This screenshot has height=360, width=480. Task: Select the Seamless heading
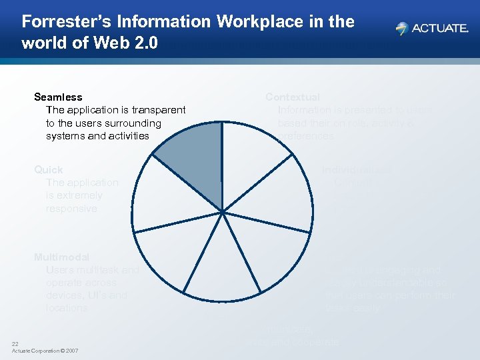tap(58, 97)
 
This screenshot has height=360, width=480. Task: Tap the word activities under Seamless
tap(126, 136)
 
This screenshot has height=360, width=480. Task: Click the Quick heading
tap(49, 170)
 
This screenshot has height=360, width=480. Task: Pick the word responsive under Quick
tap(71, 209)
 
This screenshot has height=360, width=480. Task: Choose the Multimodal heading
tap(61, 257)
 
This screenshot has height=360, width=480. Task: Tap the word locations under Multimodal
tap(67, 308)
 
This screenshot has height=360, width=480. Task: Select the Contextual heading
tap(293, 97)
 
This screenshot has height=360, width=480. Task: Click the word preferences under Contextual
tap(306, 136)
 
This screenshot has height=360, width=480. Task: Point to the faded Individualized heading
tap(357, 170)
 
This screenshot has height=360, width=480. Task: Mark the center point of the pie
tap(223, 211)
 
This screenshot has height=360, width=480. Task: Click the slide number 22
tap(15, 343)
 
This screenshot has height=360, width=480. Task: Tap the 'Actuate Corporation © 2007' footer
tap(45, 351)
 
